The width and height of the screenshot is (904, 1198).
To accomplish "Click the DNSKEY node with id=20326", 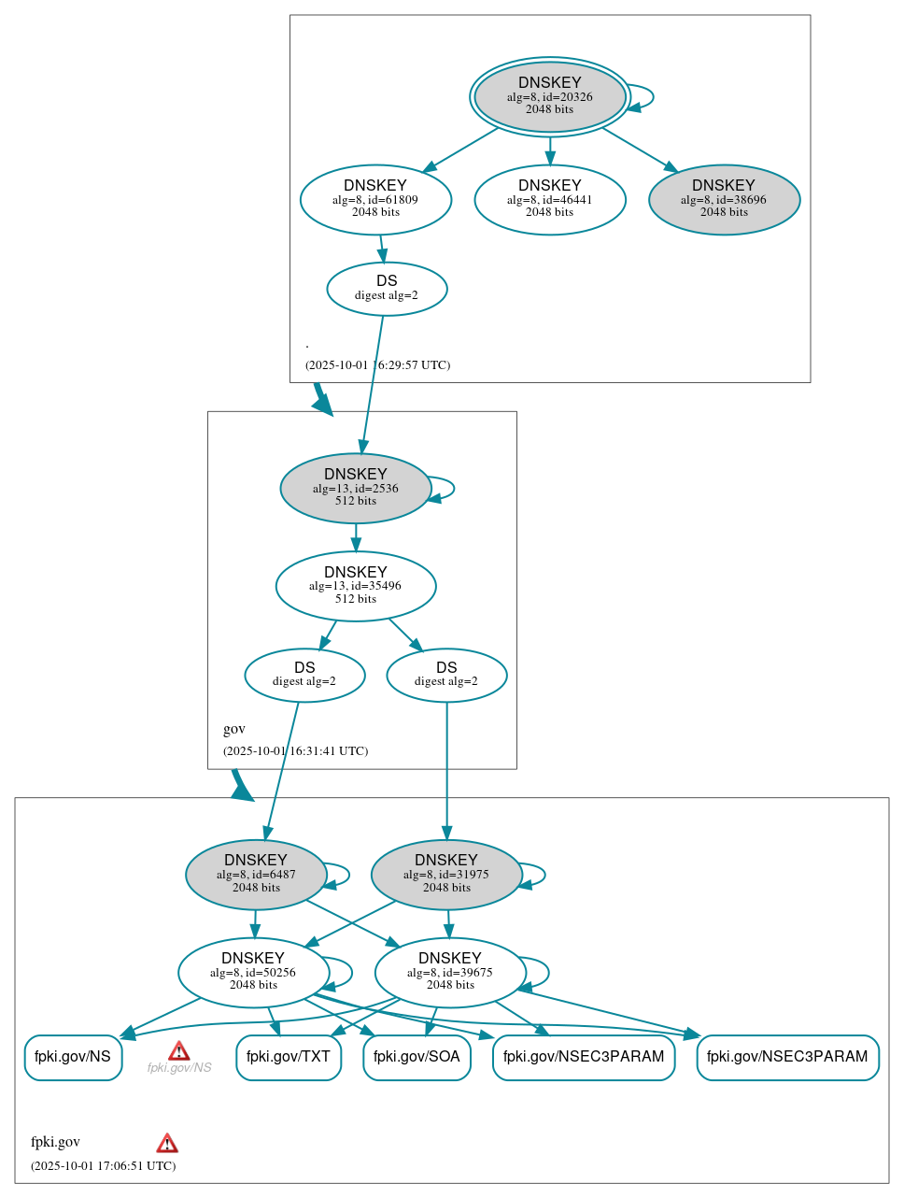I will click(549, 96).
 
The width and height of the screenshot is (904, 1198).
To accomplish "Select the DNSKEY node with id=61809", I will click(375, 199).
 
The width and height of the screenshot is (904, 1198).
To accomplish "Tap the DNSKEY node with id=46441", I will click(549, 199).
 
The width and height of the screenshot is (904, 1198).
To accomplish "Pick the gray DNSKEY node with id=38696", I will click(724, 199).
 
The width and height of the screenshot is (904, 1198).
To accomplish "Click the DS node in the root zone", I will click(387, 288).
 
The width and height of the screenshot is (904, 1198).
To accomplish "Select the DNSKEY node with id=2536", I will click(355, 488).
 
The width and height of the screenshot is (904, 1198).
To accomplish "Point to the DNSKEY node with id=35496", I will click(355, 586).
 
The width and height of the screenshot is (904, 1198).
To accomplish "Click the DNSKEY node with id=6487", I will click(256, 875).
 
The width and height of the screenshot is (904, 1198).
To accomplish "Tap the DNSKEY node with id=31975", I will click(446, 875).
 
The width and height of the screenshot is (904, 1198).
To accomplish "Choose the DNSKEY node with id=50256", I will click(253, 972).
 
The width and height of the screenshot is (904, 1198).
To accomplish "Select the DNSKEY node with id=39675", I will click(450, 972).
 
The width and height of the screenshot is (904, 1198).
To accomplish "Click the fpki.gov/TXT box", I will click(289, 1057).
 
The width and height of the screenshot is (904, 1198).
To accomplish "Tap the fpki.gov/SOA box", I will click(417, 1057).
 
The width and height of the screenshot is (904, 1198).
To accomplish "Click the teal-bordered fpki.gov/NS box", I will click(73, 1057).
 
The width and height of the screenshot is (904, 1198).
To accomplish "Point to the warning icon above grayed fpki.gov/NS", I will click(178, 1051).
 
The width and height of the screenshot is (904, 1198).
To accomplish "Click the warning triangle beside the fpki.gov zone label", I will click(167, 1143).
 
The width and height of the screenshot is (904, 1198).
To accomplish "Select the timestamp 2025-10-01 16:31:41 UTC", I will click(295, 750).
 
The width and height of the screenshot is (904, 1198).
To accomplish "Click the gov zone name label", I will click(234, 729).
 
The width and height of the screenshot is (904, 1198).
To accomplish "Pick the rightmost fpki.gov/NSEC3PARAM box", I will click(787, 1057).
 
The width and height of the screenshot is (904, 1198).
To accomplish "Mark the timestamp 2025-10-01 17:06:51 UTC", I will click(103, 1165).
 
